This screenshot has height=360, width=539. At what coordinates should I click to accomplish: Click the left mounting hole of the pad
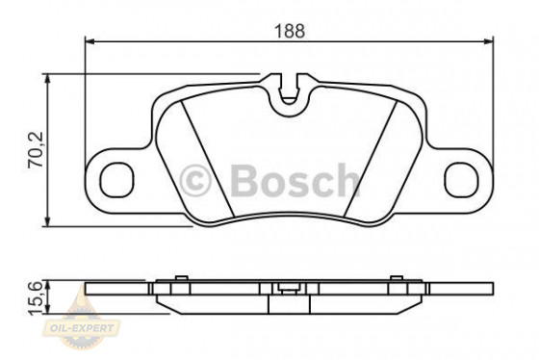pos(117,179)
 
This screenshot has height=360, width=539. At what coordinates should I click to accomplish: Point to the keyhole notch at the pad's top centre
pos(289,93)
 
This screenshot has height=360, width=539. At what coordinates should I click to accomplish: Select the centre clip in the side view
pos(286,287)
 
